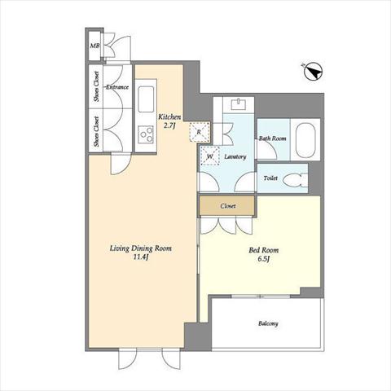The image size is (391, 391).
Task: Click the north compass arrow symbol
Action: tap(312, 72)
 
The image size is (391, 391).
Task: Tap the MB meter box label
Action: tap(94, 46)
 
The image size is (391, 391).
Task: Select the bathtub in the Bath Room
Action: tap(305, 140)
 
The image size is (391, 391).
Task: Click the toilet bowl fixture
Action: tap(295, 179)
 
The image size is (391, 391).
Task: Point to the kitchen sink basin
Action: tap(146, 99)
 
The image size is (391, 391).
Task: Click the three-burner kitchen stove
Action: tap(146, 134)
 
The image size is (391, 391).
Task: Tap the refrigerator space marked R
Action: tap(200, 132)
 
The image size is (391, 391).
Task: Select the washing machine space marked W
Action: tap(209, 156)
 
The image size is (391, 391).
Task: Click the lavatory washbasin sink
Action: tap(239, 104)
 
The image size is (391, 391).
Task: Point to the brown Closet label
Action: tap(228, 206)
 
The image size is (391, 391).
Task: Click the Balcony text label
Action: tap(268, 323)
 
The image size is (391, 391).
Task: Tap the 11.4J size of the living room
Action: tap(140, 257)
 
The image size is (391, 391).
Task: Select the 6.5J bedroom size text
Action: tap(263, 259)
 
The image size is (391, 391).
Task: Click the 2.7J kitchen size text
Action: tap(170, 125)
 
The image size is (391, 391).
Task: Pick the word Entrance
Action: tap(117, 87)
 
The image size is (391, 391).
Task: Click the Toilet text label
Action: tap(270, 178)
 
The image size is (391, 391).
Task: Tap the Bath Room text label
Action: tap(272, 138)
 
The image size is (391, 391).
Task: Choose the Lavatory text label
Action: tap(235, 156)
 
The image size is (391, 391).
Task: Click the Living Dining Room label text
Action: tap(141, 248)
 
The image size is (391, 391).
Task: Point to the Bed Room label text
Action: tap(264, 250)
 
